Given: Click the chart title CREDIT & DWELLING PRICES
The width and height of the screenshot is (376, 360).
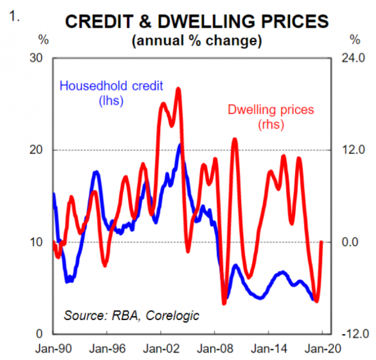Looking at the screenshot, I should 197,21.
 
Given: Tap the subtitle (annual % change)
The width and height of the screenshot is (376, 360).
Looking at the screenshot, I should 197,41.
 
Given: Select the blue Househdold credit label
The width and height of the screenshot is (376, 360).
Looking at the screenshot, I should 112,87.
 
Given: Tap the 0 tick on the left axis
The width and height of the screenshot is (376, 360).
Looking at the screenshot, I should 40,334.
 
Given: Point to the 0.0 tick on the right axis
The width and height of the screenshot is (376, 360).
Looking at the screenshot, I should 356,242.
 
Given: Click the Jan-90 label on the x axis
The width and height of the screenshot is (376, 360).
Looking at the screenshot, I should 52,349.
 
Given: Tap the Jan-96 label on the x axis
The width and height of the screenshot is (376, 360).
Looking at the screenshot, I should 107,349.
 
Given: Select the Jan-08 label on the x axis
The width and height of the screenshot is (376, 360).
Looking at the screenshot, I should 214,349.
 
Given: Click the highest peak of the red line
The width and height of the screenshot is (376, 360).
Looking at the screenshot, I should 178,88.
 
